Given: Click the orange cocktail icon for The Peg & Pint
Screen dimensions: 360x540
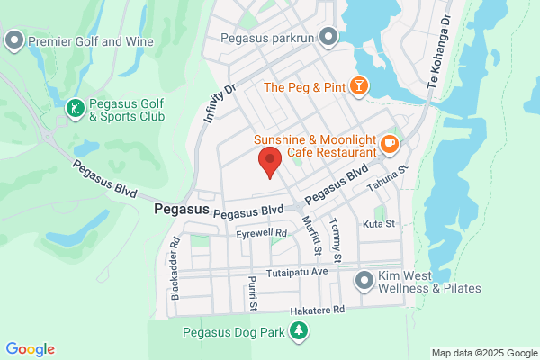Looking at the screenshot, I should [359, 86].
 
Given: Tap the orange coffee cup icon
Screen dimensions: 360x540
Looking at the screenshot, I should [390, 142].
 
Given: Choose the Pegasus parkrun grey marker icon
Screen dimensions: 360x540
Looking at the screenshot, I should [328, 37].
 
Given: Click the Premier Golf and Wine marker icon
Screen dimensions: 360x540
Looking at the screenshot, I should [14, 40].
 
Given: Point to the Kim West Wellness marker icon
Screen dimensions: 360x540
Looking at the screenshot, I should [364, 281].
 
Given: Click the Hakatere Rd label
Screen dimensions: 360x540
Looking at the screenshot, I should [311, 309].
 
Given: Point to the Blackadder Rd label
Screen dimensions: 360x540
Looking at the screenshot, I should [176, 268].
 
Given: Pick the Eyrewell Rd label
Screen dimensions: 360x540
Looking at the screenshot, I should [261, 233].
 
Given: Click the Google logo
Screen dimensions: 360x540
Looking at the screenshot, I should [30, 349].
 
